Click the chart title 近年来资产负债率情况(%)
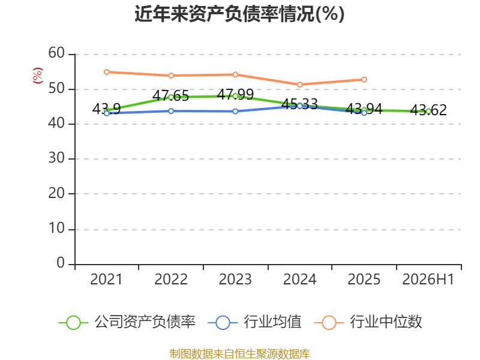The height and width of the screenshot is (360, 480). (x=239, y=14)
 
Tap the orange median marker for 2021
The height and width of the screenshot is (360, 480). (x=107, y=72)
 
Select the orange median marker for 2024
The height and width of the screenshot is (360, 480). (x=299, y=85)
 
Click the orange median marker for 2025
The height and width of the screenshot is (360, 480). (x=364, y=80)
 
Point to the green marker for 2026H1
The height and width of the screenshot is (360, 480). (x=428, y=112)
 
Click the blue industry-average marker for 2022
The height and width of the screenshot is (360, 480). (x=171, y=111)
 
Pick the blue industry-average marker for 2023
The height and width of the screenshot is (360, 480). (x=235, y=112)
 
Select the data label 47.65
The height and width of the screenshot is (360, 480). (x=170, y=95)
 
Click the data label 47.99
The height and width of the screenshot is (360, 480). (x=235, y=94)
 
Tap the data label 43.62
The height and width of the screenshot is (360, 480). (x=428, y=110)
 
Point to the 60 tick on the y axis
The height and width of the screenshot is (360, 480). (x=56, y=53)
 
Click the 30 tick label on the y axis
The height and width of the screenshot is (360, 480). (x=56, y=158)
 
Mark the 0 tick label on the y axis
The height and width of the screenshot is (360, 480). (x=61, y=263)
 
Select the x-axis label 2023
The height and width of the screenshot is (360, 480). (x=235, y=280)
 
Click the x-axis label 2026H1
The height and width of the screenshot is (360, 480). (x=428, y=280)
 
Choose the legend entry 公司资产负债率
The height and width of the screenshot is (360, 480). (x=127, y=322)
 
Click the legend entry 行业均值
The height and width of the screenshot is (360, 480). (x=254, y=322)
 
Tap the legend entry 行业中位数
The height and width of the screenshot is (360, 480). (x=368, y=322)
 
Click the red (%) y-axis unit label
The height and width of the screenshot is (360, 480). (x=38, y=76)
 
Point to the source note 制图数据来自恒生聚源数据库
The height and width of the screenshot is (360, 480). (x=239, y=354)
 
